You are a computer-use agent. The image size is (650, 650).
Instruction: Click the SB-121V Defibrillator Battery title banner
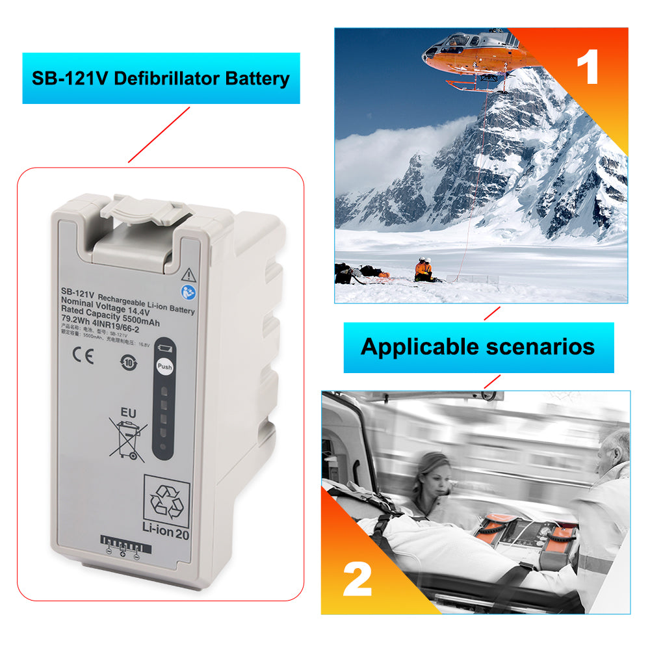click(x=161, y=79)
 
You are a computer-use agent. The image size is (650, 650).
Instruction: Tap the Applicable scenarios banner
click(x=478, y=346)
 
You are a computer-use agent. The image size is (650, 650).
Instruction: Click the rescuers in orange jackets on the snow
click(x=423, y=269)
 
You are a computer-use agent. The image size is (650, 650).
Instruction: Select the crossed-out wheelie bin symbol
click(x=129, y=440)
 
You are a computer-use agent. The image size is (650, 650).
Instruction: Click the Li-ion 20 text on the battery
click(x=166, y=534)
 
